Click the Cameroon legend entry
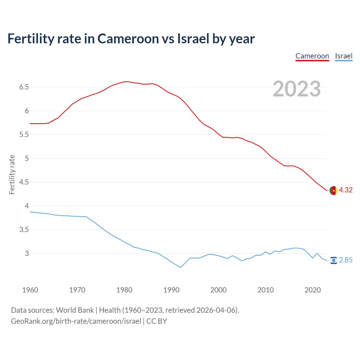point(312,56)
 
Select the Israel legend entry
point(344,56)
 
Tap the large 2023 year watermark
point(297,89)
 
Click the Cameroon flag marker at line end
point(333,190)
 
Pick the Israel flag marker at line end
point(333,260)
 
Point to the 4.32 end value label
point(346,190)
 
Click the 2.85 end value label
point(346,260)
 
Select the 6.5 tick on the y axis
point(24,87)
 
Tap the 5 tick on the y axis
point(27,159)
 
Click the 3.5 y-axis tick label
point(24,230)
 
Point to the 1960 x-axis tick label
point(30,290)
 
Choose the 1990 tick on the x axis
point(171,290)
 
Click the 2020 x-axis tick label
point(312,290)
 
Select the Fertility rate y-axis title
point(12,174)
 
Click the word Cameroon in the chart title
point(128,39)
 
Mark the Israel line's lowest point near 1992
point(181,267)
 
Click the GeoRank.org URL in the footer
point(76,321)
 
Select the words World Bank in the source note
point(75,310)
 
